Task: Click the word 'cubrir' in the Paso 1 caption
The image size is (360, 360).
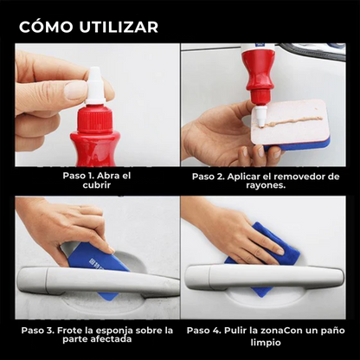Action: pyautogui.click(x=98, y=186)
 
